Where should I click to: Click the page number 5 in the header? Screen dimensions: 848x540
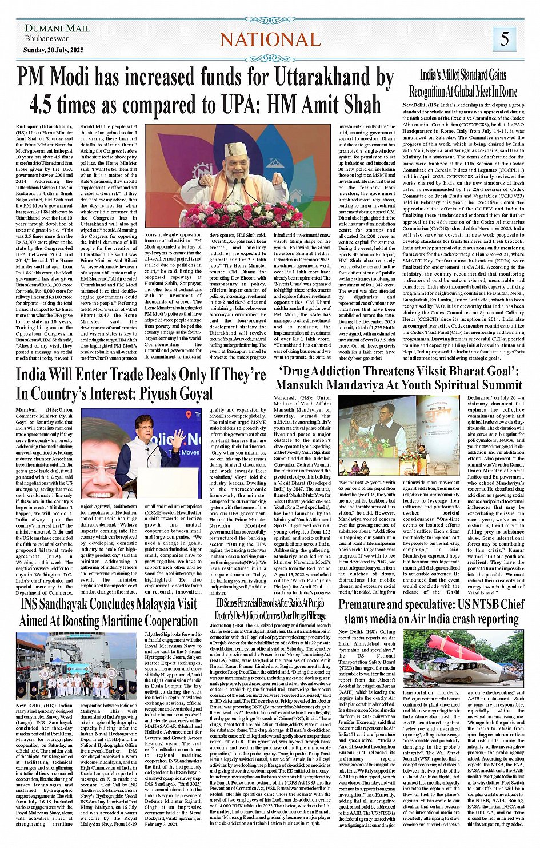click(504, 39)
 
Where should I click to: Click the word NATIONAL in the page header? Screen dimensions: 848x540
click(270, 39)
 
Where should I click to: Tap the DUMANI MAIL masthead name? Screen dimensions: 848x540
click(57, 28)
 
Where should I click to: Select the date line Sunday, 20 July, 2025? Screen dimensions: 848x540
click(54, 50)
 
